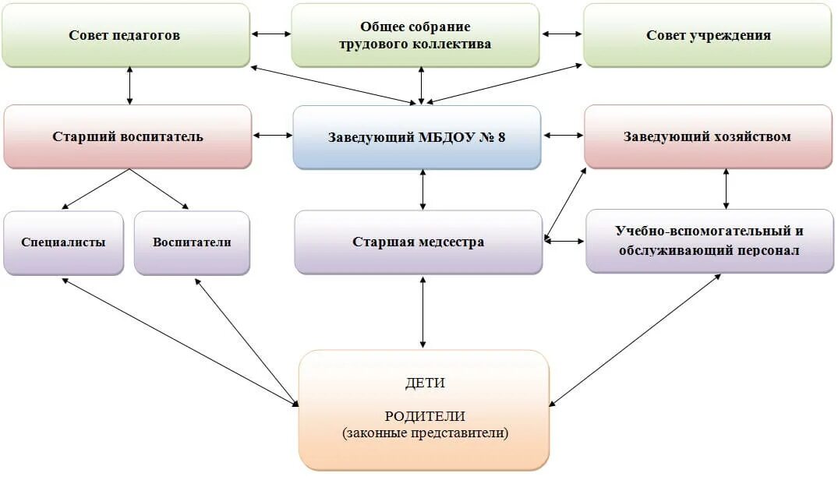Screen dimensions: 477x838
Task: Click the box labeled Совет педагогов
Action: [126, 35]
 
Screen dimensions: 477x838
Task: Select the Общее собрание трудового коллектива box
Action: [415, 35]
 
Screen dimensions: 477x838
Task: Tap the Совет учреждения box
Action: [708, 35]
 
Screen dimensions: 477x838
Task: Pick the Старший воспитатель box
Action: [128, 136]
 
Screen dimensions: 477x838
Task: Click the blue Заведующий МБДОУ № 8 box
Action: [416, 137]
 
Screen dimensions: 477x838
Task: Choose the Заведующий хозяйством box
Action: [708, 136]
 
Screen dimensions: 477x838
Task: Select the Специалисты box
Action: [63, 242]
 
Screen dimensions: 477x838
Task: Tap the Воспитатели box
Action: [192, 242]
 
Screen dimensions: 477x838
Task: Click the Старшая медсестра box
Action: [418, 242]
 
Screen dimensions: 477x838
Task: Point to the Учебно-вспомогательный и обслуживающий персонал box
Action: [709, 241]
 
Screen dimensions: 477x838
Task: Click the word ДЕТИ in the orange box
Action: [425, 383]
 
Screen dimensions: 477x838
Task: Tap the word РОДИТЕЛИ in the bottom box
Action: [424, 416]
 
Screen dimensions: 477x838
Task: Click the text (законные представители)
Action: [425, 433]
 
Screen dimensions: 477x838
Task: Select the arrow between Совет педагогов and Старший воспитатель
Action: [129, 85]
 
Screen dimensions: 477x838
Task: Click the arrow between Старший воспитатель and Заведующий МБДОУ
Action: [272, 136]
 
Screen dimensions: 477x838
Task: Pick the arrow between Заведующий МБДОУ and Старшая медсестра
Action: [423, 189]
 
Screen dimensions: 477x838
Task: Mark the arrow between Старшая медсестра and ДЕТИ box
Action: [423, 311]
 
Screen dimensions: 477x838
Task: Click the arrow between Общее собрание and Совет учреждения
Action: [562, 34]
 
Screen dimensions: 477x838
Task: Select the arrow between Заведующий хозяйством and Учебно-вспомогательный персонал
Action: [727, 188]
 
